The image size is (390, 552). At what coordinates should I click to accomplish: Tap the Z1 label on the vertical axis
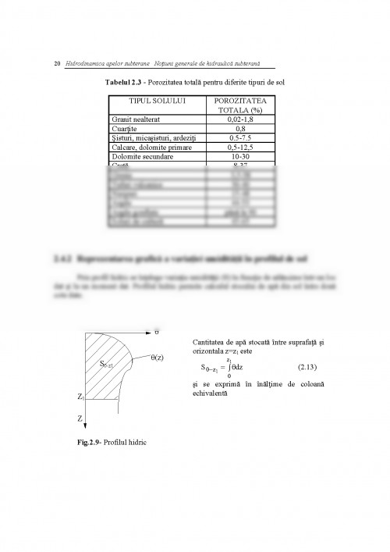tap(80, 397)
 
